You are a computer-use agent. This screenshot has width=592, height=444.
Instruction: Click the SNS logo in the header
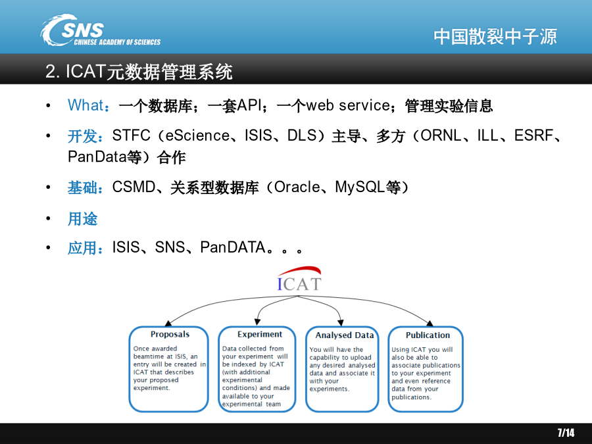100,30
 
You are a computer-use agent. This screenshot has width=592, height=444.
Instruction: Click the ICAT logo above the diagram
299,279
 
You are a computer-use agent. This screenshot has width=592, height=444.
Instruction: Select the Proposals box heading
170,334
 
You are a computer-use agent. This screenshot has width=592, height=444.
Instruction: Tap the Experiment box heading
260,334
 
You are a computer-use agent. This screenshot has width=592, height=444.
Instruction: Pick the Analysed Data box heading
344,335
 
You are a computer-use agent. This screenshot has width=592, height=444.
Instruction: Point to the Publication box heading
428,335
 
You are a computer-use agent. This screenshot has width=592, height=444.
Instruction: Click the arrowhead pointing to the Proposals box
168,323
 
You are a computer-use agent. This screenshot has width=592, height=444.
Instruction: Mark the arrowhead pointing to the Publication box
430,323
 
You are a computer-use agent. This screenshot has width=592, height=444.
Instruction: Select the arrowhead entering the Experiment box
257,322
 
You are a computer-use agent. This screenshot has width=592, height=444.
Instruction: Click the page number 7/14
566,433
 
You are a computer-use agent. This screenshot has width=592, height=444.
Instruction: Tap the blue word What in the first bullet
86,105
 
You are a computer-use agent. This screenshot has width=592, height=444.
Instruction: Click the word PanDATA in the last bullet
233,247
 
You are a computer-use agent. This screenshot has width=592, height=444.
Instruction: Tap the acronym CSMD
134,187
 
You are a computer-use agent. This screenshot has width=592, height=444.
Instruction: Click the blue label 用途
83,219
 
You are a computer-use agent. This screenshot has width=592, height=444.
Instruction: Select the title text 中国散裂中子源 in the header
495,37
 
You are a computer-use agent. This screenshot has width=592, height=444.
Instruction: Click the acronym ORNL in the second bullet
441,136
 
